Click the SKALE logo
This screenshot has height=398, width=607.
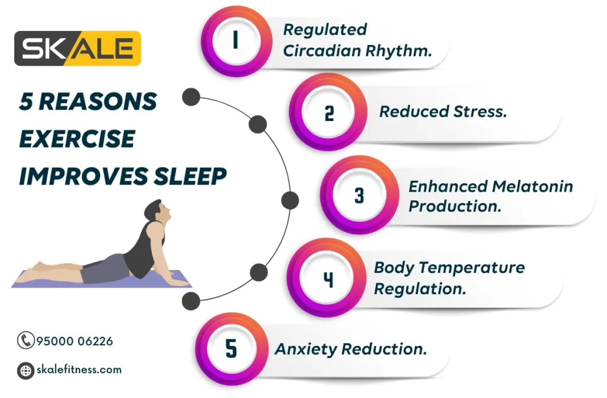pyautogui.click(x=78, y=49)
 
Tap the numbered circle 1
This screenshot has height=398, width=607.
pyautogui.click(x=236, y=40)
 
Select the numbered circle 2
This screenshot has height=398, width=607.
pyautogui.click(x=328, y=113)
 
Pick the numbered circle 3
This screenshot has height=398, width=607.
pyautogui.click(x=359, y=195)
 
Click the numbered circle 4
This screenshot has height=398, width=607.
pyautogui.click(x=327, y=278)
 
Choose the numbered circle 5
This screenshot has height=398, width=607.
pyautogui.click(x=232, y=348)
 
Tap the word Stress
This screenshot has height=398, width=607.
pyautogui.click(x=480, y=112)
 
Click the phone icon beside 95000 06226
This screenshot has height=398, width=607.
pyautogui.click(x=25, y=340)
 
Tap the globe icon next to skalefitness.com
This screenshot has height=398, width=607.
pyautogui.click(x=25, y=370)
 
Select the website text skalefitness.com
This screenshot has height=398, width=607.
pyautogui.click(x=79, y=370)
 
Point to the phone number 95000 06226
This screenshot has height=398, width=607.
pyautogui.click(x=75, y=341)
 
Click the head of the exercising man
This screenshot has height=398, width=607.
pyautogui.click(x=158, y=211)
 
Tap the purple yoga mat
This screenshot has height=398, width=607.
pyautogui.click(x=101, y=279)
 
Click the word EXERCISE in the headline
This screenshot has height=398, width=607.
pyautogui.click(x=77, y=139)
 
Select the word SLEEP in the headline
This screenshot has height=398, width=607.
pyautogui.click(x=190, y=176)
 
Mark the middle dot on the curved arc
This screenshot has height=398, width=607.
pyautogui.click(x=290, y=200)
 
